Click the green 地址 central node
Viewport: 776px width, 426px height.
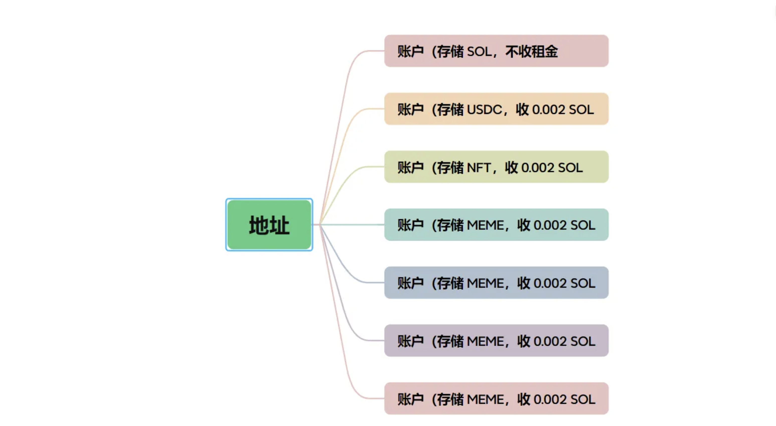click(x=269, y=225)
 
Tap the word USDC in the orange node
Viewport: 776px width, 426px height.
click(x=484, y=110)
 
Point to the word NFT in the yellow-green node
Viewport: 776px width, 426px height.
click(x=479, y=168)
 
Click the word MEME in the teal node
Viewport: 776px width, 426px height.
click(x=485, y=225)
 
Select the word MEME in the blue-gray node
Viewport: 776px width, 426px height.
click(x=485, y=283)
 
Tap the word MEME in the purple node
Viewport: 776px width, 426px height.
click(x=485, y=342)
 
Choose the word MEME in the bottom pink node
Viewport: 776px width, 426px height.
click(x=485, y=399)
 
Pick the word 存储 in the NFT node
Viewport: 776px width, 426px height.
click(x=450, y=168)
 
